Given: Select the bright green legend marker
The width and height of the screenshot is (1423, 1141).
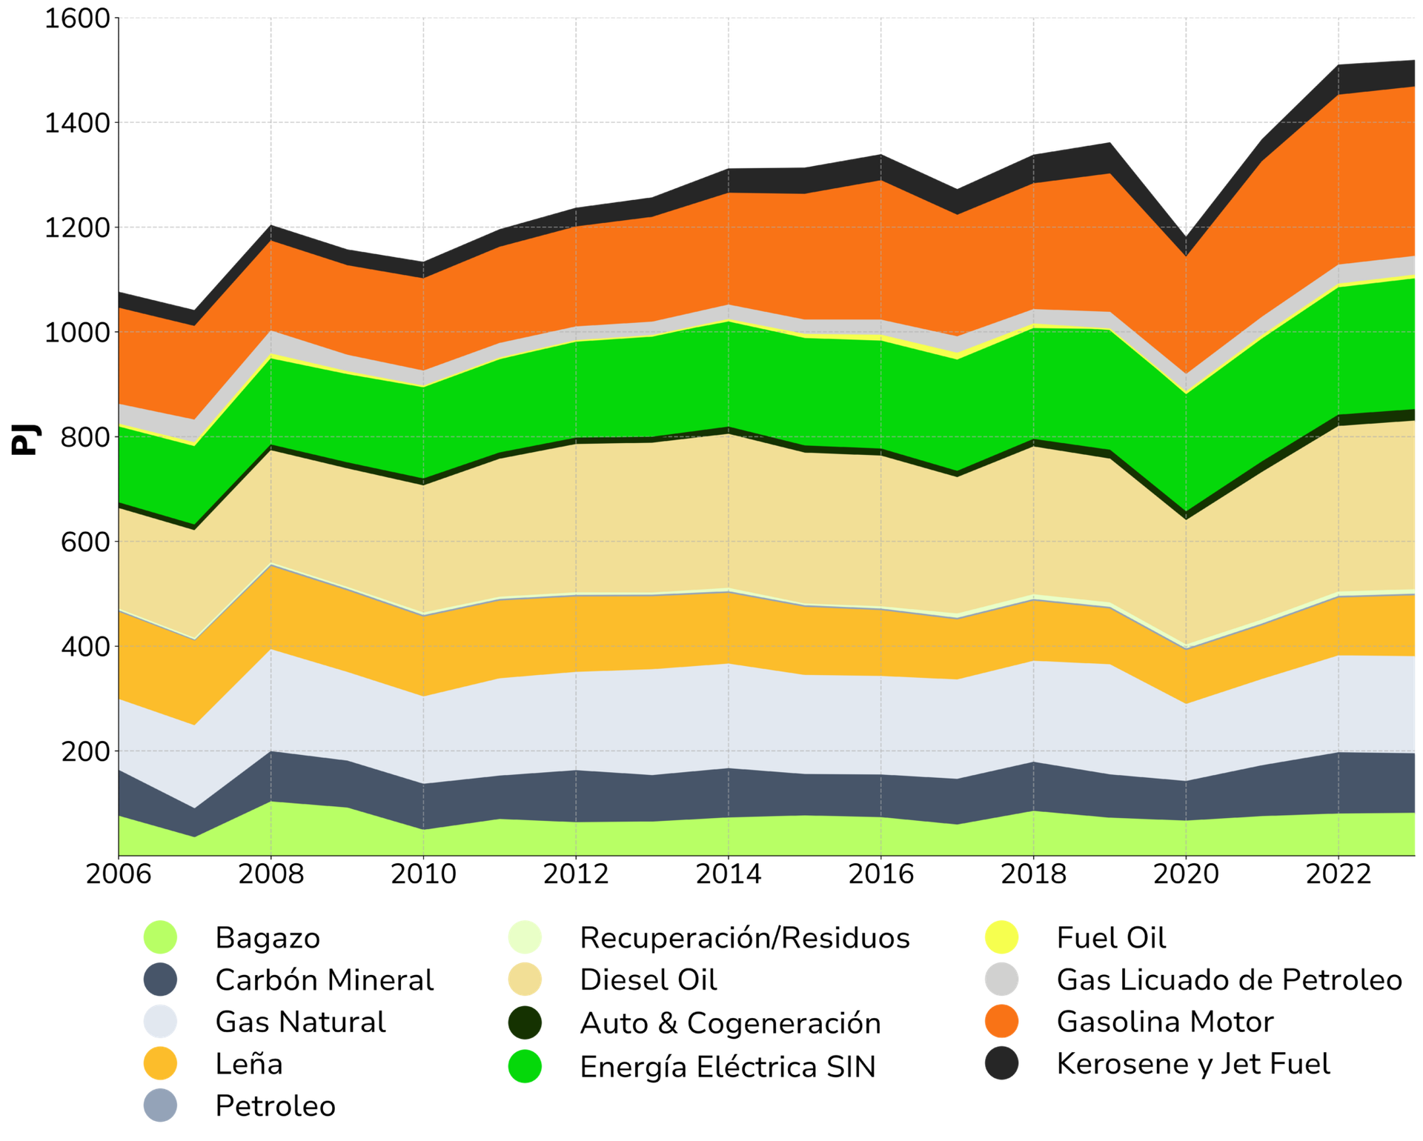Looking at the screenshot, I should point(524,1066).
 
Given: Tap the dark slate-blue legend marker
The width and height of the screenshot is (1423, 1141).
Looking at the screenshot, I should point(160,979).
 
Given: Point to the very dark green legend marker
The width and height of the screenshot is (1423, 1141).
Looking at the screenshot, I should point(525,1022).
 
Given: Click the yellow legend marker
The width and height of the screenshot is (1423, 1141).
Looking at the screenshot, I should point(1001,937).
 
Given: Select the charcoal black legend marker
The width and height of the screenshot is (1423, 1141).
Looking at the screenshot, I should point(1001,1064).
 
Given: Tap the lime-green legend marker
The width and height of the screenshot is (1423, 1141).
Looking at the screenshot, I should point(160,937).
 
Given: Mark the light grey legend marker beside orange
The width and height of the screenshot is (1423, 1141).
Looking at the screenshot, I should point(1001,979).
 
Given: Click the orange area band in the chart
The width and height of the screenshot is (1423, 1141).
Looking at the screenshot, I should point(815,252).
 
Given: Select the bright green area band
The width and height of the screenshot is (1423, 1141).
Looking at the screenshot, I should point(815,393).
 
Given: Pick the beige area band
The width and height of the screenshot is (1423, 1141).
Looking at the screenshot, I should point(815,526).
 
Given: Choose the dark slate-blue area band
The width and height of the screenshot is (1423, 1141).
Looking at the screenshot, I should point(815,794).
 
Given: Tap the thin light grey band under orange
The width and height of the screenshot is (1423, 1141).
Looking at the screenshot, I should point(815,327).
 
